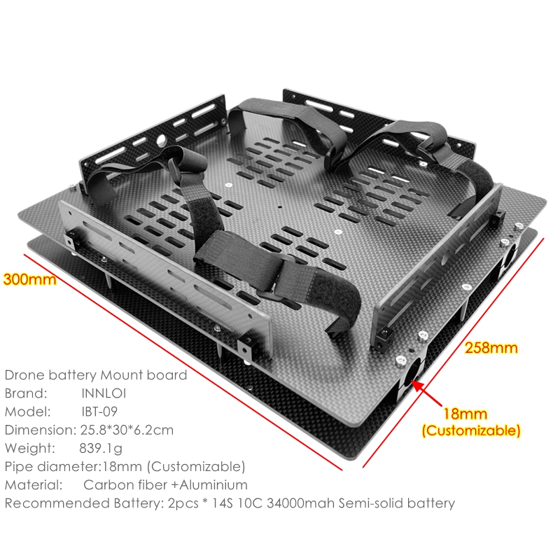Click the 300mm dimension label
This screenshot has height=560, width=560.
pos(29,279)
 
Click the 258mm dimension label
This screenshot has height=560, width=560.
pos(491,347)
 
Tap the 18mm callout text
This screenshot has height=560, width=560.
pos(465,414)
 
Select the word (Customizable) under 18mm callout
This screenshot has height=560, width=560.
pos(471,430)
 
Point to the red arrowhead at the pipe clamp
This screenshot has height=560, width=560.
pos(418,386)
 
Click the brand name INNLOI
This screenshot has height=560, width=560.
pos(104,393)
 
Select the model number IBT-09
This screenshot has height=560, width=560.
pos(99,412)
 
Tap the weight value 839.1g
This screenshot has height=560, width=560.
pos(101,448)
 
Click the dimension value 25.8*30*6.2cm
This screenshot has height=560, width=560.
pos(127,430)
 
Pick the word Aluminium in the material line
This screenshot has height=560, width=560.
pos(213,484)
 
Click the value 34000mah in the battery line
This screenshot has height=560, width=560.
pos(301,503)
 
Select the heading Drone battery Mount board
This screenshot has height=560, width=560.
pos(96,375)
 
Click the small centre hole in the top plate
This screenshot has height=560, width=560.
pos(280,207)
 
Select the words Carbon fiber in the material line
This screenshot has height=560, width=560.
pos(125,484)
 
